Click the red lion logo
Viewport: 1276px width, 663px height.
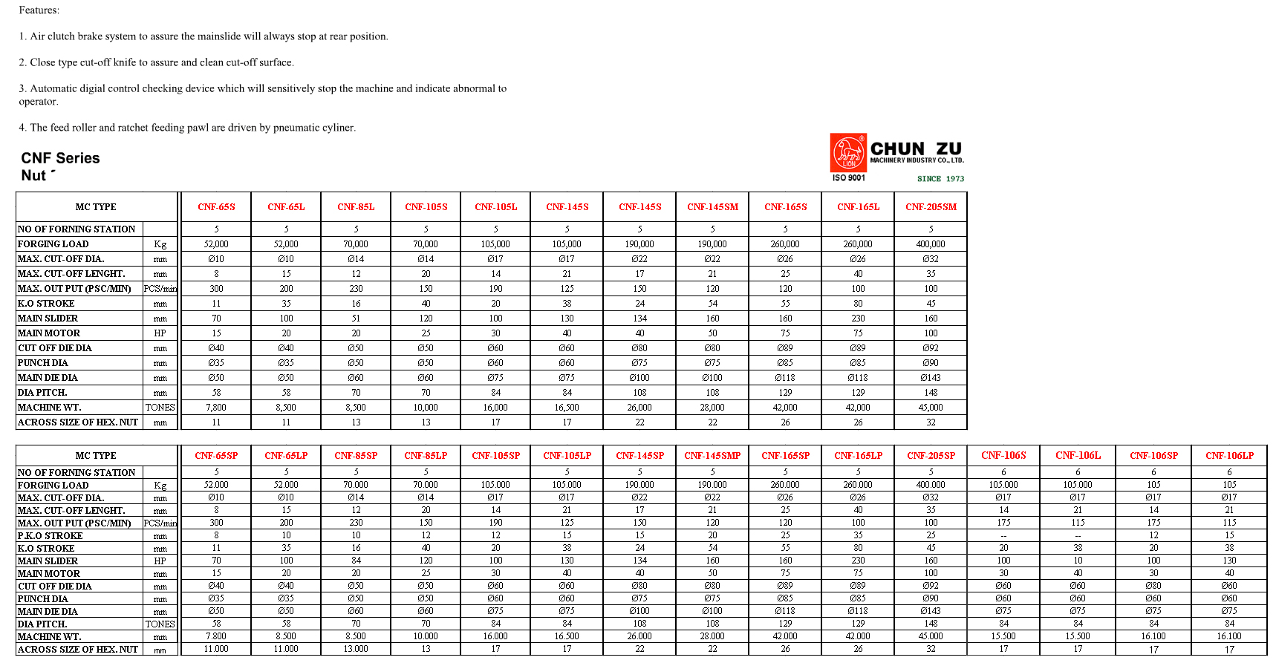(848, 152)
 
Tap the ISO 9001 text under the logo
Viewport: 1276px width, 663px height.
(848, 178)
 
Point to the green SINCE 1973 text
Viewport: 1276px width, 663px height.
(940, 179)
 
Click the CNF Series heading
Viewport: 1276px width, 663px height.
(60, 158)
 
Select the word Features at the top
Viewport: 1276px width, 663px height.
(39, 10)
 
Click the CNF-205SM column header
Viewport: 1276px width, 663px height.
(931, 207)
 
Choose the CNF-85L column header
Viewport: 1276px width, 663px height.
(356, 207)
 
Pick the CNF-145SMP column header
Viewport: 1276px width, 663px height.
(712, 456)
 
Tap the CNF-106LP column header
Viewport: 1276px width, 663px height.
(1229, 456)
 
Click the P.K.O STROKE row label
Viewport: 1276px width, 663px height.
(51, 536)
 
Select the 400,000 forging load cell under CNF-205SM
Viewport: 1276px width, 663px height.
(931, 244)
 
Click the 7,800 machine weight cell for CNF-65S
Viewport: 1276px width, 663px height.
(216, 408)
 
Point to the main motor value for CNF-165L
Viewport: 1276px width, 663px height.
(858, 333)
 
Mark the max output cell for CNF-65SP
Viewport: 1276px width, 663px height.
(216, 523)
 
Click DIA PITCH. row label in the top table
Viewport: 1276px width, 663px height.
(42, 393)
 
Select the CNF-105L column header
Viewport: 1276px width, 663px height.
(495, 207)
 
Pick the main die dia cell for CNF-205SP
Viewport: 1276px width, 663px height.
(931, 611)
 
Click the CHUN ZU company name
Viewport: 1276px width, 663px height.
(916, 149)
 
